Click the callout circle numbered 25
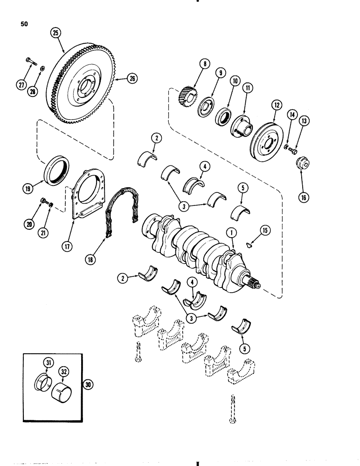pos(56,33)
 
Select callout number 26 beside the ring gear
pos(120,79)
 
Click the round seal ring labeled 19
pos(58,167)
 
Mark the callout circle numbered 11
pos(248,88)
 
